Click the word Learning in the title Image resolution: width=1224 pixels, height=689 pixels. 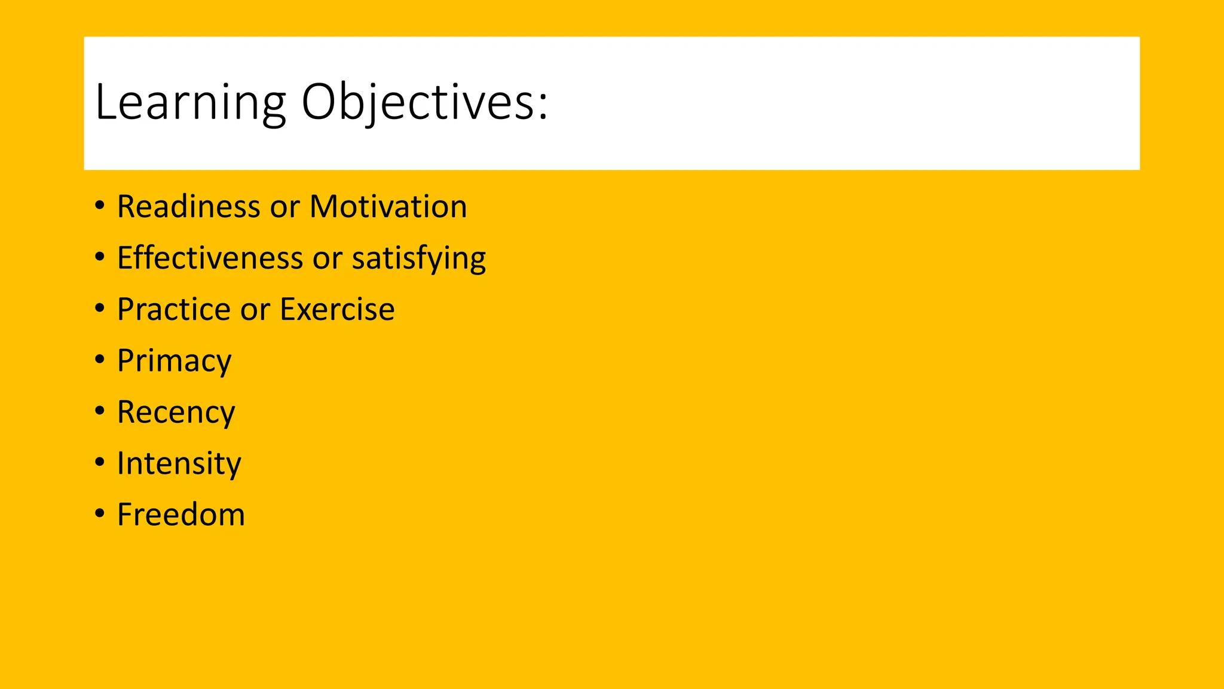pos(190,103)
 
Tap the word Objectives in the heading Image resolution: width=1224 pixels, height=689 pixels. pos(417,103)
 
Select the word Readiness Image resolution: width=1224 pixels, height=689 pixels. pos(188,207)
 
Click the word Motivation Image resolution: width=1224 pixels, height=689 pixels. pos(388,207)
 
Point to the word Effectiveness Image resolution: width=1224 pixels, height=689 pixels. pos(210,258)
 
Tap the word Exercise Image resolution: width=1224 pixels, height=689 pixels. pos(337,310)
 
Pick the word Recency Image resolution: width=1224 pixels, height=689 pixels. pos(176,413)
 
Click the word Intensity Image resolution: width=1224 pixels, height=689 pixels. pos(179,464)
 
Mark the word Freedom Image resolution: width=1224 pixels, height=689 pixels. pos(180,515)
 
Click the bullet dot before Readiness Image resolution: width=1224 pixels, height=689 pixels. pos(100,206)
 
